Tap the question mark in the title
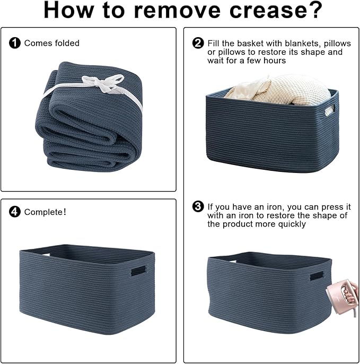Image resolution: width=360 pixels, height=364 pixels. tap(316, 10)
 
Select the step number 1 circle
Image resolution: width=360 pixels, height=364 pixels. tap(15, 43)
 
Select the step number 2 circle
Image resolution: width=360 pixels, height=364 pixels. tap(198, 42)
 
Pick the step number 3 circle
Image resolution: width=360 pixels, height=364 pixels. tap(198, 206)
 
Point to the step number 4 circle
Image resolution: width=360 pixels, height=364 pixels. tap(15, 212)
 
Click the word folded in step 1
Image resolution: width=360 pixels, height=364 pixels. tap(67, 43)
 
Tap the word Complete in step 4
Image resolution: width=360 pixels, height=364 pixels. tap(43, 212)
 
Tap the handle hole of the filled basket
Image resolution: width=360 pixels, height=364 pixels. tap(330, 110)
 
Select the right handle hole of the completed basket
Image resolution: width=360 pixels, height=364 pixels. tap(138, 271)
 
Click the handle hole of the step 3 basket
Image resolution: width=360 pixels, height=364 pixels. tap(317, 276)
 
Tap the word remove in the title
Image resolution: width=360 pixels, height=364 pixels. tap(177, 11)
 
